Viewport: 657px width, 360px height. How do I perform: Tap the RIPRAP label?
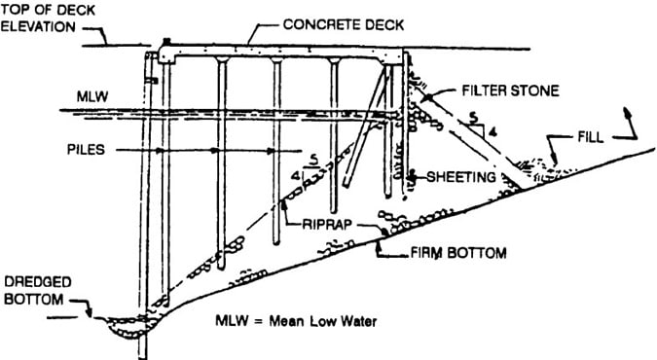coord(318,222)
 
